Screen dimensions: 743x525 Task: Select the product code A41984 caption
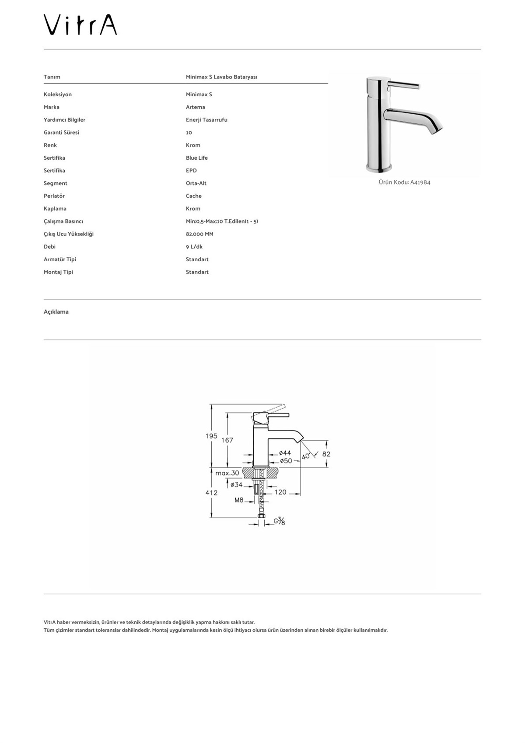coord(404,182)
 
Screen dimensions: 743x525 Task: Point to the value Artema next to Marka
coord(195,107)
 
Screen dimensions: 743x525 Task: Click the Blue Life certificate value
coord(196,158)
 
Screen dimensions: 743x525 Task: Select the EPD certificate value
coord(191,171)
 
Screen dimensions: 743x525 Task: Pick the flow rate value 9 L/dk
coord(194,247)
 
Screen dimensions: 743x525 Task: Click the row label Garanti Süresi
coord(61,133)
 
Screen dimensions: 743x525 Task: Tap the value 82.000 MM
coord(199,234)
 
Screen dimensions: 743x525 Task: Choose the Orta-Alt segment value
coord(196,183)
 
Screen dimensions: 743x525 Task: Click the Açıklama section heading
coord(56,312)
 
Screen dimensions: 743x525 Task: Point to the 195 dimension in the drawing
coord(211,436)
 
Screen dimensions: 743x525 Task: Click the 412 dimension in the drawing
coord(211,493)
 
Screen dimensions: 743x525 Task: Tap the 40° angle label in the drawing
coord(306,456)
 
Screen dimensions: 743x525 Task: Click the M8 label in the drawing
coord(239,500)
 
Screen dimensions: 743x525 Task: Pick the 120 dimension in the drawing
coord(280,492)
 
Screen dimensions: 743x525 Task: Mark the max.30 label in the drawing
coord(227,473)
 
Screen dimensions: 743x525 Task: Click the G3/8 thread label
coord(280,521)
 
